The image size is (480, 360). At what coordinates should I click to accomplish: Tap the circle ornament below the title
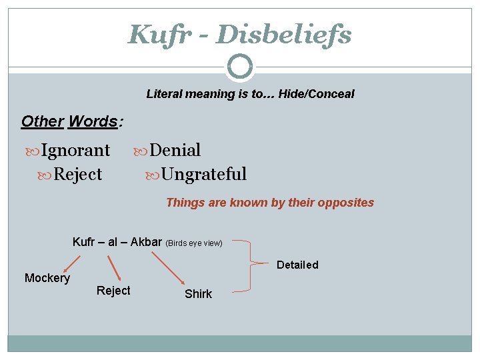(240, 67)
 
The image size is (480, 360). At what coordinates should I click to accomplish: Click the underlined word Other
(42, 121)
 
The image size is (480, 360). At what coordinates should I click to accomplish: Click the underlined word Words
(93, 121)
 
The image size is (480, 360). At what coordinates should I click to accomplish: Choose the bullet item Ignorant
(75, 151)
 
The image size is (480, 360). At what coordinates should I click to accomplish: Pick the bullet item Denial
(175, 151)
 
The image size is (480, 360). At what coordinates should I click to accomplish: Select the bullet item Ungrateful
(204, 175)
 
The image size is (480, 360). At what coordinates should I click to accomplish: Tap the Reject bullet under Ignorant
(77, 175)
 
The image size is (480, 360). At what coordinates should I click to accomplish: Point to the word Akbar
(146, 241)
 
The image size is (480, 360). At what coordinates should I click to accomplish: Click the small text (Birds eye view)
(194, 243)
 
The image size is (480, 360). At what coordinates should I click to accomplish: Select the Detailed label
(297, 265)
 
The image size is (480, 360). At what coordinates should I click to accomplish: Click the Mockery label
(47, 278)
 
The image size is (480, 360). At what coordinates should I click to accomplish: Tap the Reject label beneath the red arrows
(113, 291)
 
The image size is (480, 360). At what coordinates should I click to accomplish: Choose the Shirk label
(198, 294)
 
